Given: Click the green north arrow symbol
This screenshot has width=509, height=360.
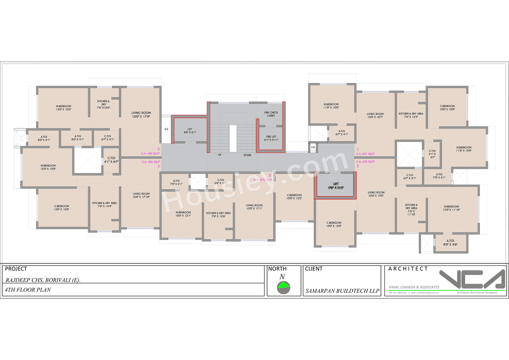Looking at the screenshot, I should coord(284,285).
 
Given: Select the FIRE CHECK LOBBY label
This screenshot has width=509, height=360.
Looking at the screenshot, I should coord(271,114).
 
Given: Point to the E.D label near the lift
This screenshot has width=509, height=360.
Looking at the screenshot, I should coord(167,130).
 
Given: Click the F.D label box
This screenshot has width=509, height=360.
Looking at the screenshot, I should coord(313,148).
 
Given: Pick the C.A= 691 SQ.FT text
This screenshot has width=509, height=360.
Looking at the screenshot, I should coord(365,154).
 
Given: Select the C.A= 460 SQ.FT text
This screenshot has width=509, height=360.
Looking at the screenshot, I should coord(151,154).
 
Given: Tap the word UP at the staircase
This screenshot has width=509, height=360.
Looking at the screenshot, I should coord(220,155).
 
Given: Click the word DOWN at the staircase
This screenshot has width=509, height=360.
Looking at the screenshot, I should coord(247,155).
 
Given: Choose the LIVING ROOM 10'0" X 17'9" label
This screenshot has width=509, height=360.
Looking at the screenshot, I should coord(141,115).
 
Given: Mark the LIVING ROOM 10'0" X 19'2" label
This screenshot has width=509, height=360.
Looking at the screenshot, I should coord(376,194).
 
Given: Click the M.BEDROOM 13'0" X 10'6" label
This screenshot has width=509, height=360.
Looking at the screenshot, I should coord(63,107).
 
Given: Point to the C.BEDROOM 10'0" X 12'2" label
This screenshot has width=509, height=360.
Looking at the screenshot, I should coord(295,197).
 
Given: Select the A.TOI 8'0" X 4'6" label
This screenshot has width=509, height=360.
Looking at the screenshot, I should coord(451,243).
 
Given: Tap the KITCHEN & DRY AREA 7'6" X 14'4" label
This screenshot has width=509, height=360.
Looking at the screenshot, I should coord(105,204).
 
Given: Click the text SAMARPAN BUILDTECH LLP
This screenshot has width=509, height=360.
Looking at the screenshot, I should coord(342,291).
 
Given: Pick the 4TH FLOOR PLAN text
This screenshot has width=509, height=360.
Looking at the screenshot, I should coord(28,290).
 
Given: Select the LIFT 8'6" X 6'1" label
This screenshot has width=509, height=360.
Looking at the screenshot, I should coord(189,130).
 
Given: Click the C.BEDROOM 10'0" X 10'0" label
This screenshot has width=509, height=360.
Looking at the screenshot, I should coord(447,107).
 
